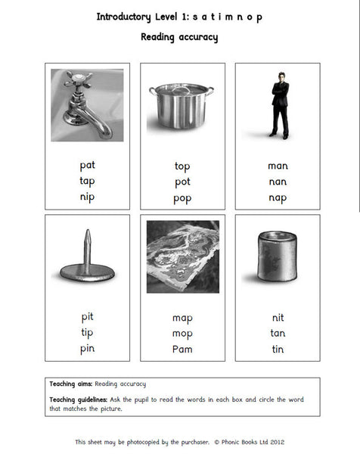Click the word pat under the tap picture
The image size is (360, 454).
coord(88,165)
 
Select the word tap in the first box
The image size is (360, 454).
coord(88,181)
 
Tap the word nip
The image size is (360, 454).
coord(88,197)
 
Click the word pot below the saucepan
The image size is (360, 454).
coord(182,182)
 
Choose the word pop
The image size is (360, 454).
coord(182,198)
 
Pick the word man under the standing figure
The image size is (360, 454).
coord(278,166)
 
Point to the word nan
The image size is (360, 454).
coord(278,182)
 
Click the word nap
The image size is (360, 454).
coord(278,197)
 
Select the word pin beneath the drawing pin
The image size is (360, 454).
coord(88,349)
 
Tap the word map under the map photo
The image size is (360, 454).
coord(182,318)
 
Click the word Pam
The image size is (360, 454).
coord(182,349)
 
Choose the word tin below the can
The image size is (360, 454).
coord(278,349)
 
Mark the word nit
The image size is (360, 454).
coord(278,318)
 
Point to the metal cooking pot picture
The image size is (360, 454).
coord(182,106)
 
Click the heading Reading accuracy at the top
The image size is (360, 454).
coord(179,37)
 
